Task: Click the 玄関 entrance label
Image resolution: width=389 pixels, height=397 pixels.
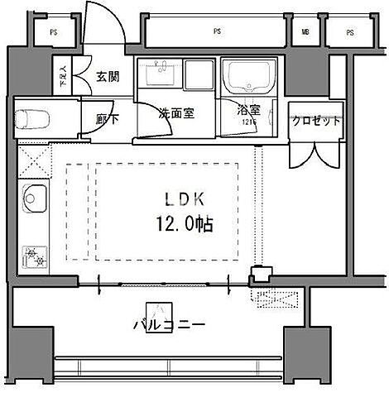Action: coord(108,77)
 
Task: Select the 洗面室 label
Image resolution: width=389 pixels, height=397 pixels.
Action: coord(176,114)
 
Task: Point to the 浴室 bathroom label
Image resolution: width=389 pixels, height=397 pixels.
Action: coord(247,108)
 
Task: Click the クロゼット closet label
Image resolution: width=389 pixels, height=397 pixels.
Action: coord(315,120)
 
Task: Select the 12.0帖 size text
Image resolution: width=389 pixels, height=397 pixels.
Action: coord(184,223)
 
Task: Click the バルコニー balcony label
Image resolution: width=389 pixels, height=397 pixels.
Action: coord(168,325)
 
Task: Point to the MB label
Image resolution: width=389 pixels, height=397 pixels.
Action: coord(305,33)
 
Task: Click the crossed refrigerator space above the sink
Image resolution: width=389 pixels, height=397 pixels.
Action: coord(35,159)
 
